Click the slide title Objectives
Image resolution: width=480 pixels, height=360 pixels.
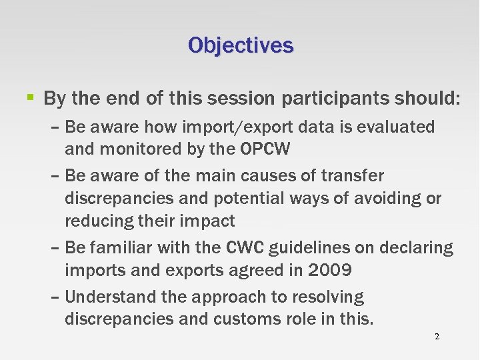(240, 45)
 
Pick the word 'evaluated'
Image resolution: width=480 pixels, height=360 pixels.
(396, 127)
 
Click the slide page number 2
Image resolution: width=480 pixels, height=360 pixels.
(437, 337)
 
